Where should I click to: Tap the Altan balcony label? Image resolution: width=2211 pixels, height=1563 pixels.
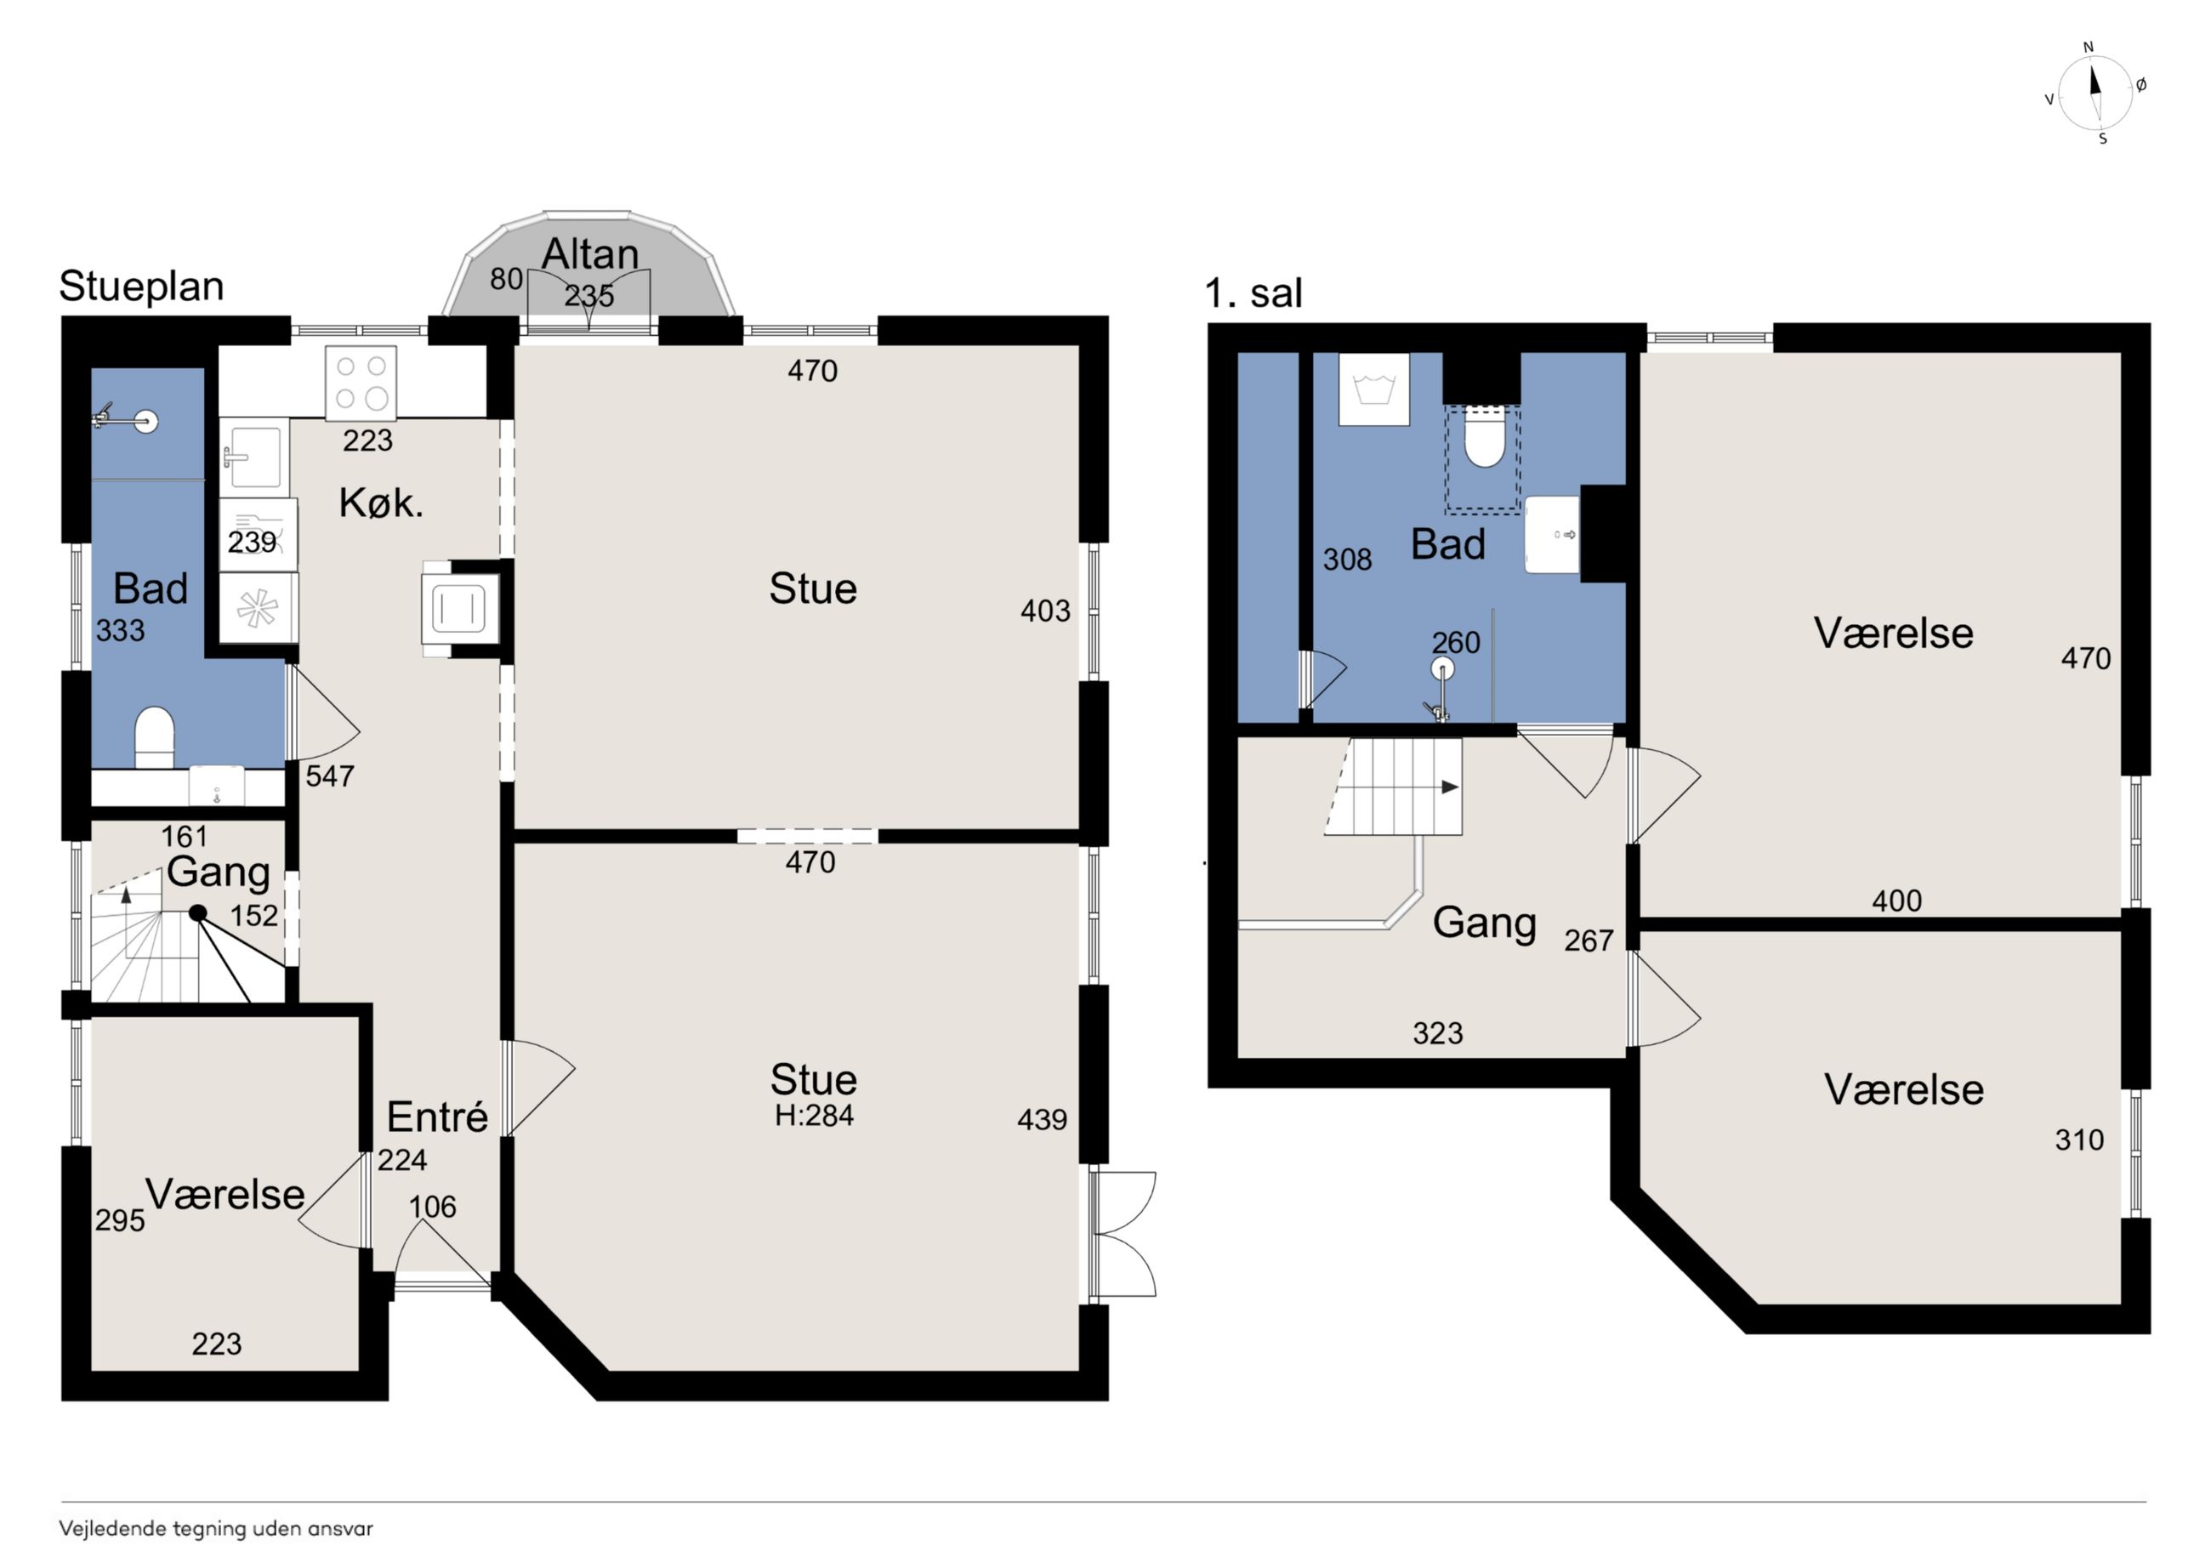pyautogui.click(x=590, y=254)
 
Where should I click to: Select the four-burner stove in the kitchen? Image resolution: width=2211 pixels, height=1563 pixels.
pyautogui.click(x=361, y=383)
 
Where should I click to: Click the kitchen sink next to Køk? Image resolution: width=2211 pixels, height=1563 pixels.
pyautogui.click(x=254, y=456)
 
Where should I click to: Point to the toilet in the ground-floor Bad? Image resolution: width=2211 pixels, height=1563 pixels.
pyautogui.click(x=154, y=736)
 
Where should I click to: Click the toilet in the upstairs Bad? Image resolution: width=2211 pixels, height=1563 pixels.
pyautogui.click(x=1484, y=437)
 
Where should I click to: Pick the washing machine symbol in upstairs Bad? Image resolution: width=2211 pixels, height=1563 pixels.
pyautogui.click(x=1374, y=389)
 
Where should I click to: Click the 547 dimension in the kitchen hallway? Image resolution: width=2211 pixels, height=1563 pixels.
pyautogui.click(x=330, y=776)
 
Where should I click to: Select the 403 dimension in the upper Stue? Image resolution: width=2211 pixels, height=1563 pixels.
pyautogui.click(x=1046, y=611)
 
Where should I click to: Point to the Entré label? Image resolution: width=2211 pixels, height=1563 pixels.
pyautogui.click(x=437, y=1117)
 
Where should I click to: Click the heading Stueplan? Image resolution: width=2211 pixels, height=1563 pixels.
pyautogui.click(x=141, y=286)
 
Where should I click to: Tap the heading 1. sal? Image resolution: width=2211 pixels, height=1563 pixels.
pyautogui.click(x=1253, y=293)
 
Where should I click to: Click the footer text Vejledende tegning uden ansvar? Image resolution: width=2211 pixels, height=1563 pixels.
pyautogui.click(x=216, y=1528)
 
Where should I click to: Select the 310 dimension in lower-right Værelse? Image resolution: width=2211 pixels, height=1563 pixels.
pyautogui.click(x=2079, y=1140)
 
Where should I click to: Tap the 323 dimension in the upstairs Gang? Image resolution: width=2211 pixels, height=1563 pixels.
pyautogui.click(x=1438, y=1033)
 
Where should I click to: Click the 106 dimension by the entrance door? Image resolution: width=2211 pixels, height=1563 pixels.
pyautogui.click(x=432, y=1207)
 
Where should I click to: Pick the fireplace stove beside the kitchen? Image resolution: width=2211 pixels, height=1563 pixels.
pyautogui.click(x=460, y=609)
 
